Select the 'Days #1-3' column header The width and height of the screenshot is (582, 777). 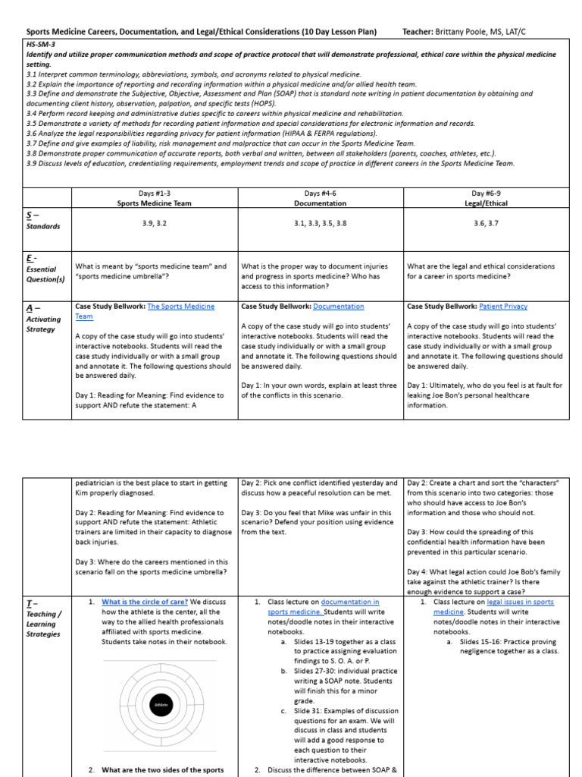coord(155,193)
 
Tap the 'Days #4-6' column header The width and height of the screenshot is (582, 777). coord(320,193)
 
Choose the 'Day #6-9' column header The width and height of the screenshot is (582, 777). coord(485,193)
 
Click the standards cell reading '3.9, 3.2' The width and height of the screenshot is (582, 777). coord(155,223)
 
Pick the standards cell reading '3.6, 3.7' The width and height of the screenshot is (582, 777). coord(485,223)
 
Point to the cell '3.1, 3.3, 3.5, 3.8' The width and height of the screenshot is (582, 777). coord(320,223)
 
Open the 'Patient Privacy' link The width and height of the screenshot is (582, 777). coord(503,307)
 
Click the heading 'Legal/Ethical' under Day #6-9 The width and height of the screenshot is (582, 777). coord(485,203)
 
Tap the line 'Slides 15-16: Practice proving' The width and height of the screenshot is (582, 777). coord(508,641)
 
